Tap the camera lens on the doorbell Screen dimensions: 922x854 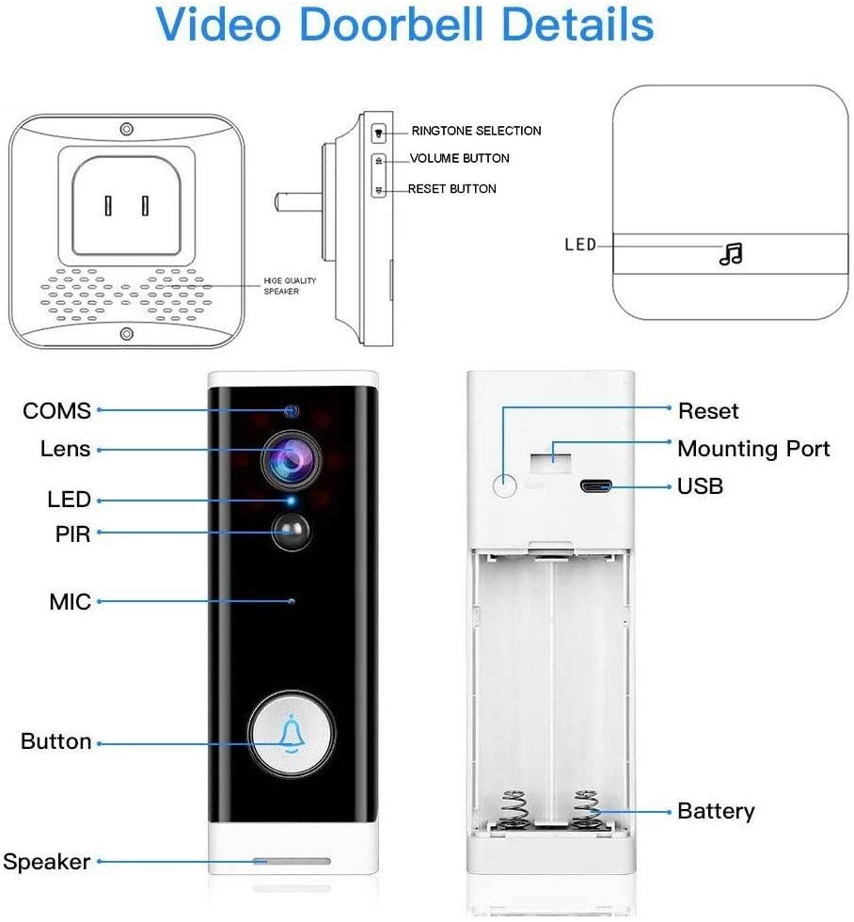click(292, 458)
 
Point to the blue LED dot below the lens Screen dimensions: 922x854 click(292, 500)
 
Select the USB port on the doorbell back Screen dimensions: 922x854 click(596, 486)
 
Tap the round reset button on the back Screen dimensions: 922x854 click(506, 485)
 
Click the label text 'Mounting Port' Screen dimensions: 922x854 click(753, 448)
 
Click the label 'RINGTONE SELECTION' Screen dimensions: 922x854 click(476, 131)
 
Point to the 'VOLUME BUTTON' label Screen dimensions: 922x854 click(460, 158)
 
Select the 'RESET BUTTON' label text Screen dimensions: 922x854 click(452, 189)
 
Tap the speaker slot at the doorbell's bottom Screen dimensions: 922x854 click(292, 861)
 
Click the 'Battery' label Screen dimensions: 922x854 click(716, 810)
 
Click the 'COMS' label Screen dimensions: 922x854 click(57, 411)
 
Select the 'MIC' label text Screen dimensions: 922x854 click(71, 601)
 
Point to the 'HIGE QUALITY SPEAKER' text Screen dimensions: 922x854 click(290, 286)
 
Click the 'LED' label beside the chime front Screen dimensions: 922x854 click(580, 245)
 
